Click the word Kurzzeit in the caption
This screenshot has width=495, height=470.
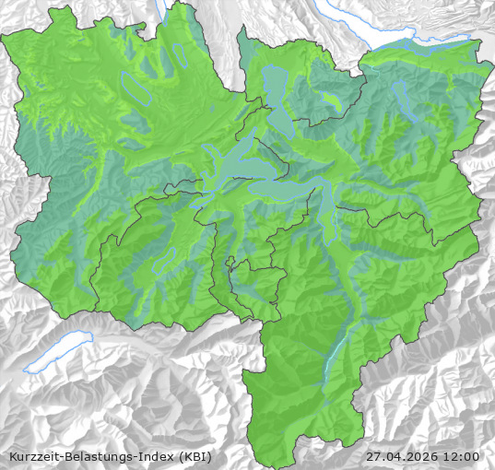pos(34,456)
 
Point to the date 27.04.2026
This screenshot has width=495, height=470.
pos(402,456)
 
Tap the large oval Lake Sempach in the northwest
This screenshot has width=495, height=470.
pos(135,88)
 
